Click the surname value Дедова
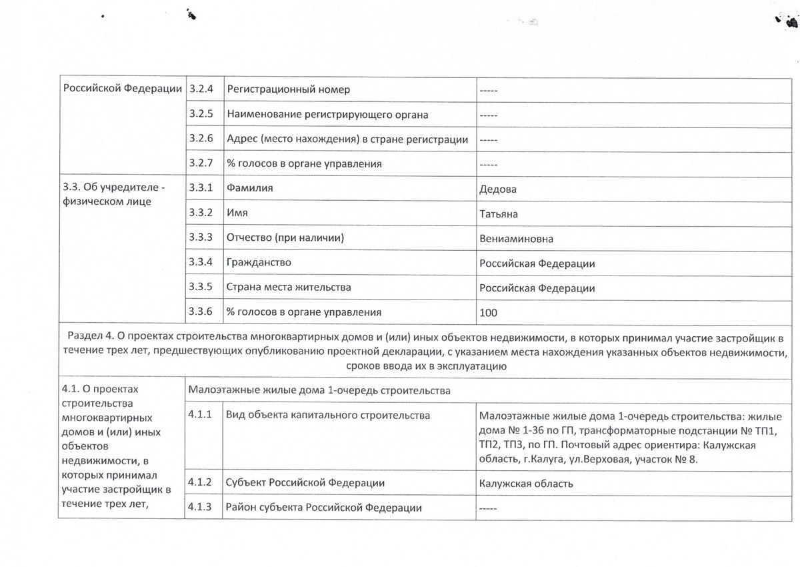pyautogui.click(x=498, y=189)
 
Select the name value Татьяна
pyautogui.click(x=499, y=214)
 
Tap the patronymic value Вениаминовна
pyautogui.click(x=516, y=239)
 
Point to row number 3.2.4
pyautogui.click(x=201, y=89)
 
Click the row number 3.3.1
pyautogui.click(x=201, y=189)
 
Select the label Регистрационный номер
pyautogui.click(x=288, y=89)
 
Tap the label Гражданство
pyautogui.click(x=259, y=263)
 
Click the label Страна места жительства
pyautogui.click(x=289, y=288)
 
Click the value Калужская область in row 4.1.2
pyautogui.click(x=526, y=484)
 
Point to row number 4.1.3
pyautogui.click(x=200, y=508)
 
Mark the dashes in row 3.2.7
pyautogui.click(x=489, y=164)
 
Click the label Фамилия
pyautogui.click(x=250, y=189)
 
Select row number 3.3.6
pyautogui.click(x=201, y=312)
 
